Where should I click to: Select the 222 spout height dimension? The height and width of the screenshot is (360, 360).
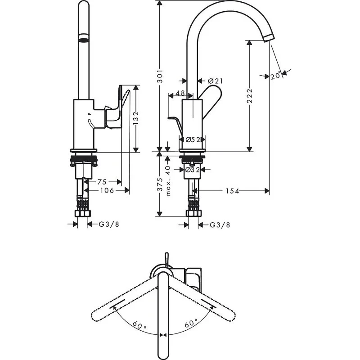click(x=250, y=96)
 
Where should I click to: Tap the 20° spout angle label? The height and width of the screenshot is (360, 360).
click(x=276, y=76)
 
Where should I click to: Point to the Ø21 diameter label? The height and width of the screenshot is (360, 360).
click(x=216, y=81)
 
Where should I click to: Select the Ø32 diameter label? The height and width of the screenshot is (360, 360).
click(x=193, y=170)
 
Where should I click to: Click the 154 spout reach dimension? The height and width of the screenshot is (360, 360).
click(x=232, y=191)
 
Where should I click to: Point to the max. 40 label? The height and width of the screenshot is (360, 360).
click(x=168, y=180)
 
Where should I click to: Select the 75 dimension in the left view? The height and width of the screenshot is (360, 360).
click(x=102, y=182)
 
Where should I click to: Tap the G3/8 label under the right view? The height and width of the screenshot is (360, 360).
click(x=220, y=225)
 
